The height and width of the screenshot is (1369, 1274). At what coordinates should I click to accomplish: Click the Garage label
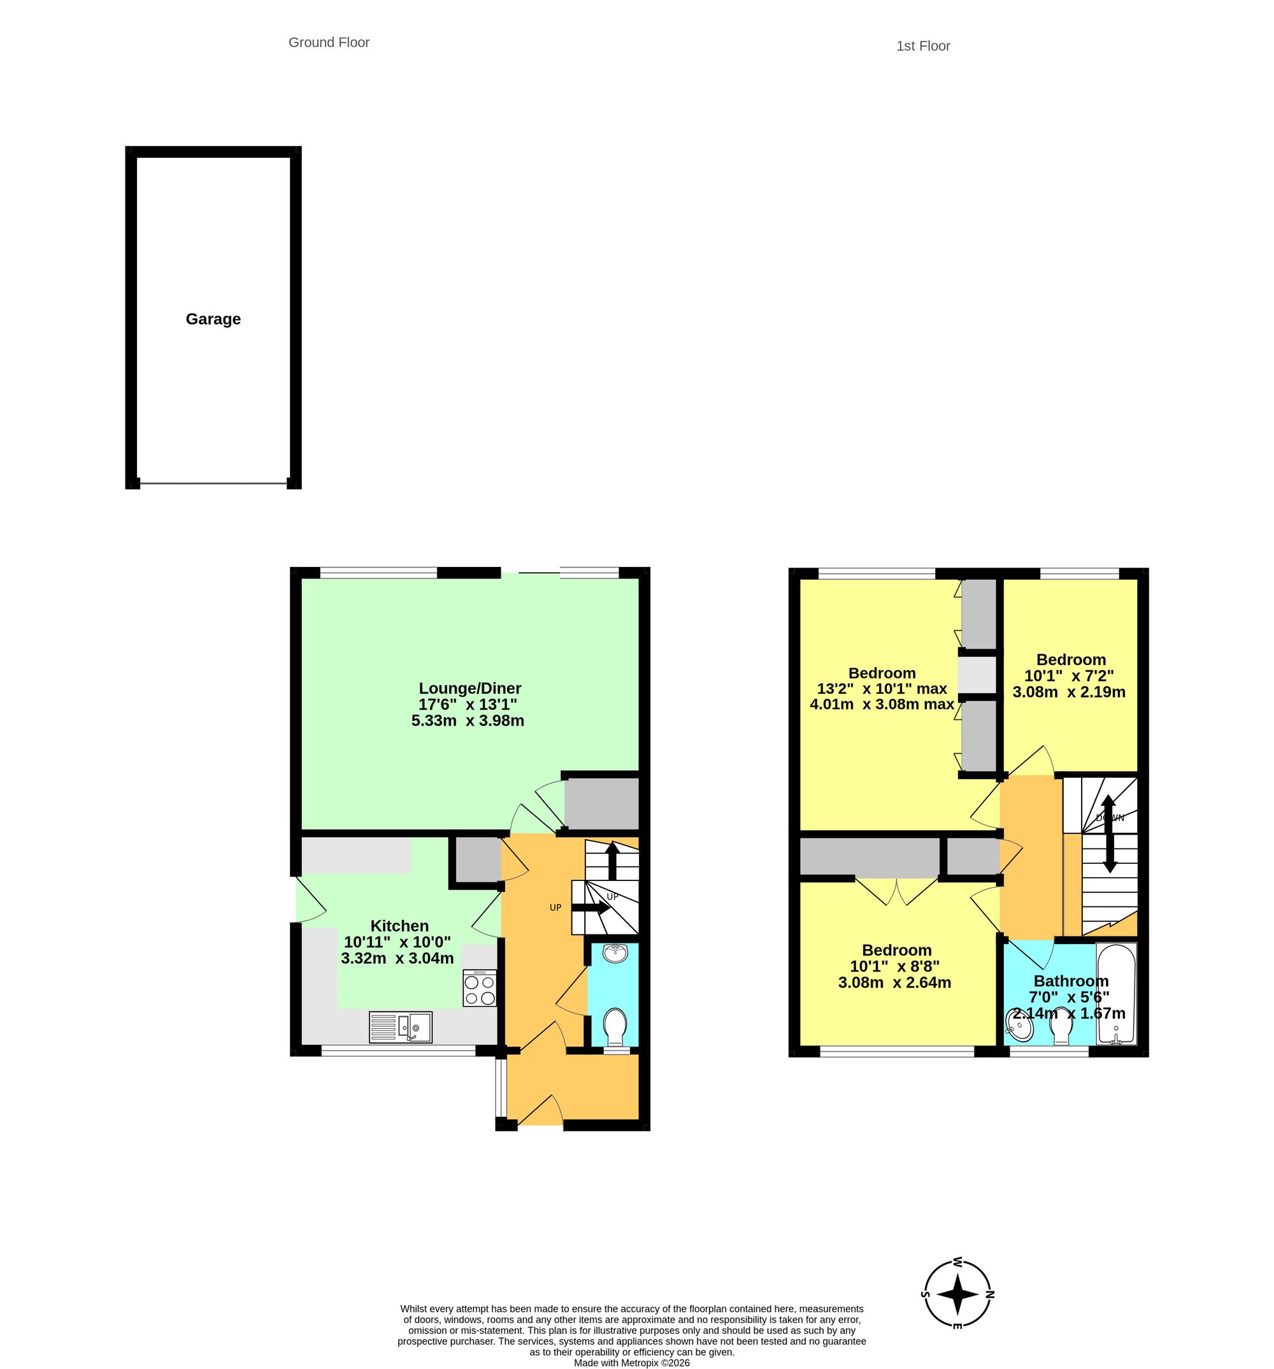(213, 319)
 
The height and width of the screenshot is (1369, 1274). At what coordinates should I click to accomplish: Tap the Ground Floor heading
(329, 42)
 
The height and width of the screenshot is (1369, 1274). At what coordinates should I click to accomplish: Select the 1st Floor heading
(923, 45)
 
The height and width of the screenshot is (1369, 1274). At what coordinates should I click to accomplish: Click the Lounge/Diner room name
(469, 688)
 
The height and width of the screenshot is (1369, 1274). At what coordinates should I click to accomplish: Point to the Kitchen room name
(399, 926)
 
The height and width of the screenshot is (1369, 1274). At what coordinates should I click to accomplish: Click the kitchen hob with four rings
(479, 988)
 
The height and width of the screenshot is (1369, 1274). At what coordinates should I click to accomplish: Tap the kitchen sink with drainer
(400, 1027)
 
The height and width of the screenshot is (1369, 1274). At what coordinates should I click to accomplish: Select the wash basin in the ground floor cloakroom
(614, 953)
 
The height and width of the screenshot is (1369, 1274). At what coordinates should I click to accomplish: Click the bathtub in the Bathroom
(1115, 993)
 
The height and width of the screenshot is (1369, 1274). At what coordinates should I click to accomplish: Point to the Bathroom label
(1071, 980)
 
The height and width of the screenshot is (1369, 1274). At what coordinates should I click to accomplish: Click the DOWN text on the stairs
(1110, 818)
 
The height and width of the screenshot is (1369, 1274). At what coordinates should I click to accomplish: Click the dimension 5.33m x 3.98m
(468, 720)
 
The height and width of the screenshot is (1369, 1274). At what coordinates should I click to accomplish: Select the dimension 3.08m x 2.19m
(1069, 691)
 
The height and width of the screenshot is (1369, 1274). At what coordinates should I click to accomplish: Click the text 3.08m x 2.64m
(894, 982)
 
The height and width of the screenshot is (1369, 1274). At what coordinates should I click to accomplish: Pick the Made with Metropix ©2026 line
(631, 1363)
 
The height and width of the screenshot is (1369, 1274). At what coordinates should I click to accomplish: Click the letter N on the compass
(990, 1294)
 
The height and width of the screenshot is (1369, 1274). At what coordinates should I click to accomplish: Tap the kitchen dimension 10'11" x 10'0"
(397, 942)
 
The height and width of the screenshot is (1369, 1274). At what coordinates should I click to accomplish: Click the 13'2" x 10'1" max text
(882, 688)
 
